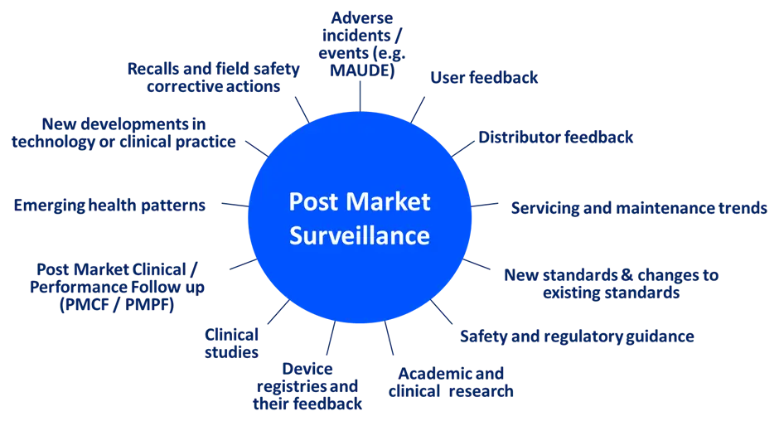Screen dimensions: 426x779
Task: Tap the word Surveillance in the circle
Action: tap(359, 235)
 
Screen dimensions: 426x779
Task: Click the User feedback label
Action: tap(486, 78)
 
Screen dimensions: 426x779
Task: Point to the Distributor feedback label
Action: tap(556, 138)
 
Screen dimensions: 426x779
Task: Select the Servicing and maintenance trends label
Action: tap(637, 208)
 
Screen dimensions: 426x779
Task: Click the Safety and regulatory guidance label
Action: tap(577, 337)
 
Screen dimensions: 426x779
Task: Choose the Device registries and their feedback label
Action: tap(308, 386)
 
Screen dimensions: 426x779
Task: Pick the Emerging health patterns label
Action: tap(109, 205)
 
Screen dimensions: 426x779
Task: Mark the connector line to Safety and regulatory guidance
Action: tap(442, 312)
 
